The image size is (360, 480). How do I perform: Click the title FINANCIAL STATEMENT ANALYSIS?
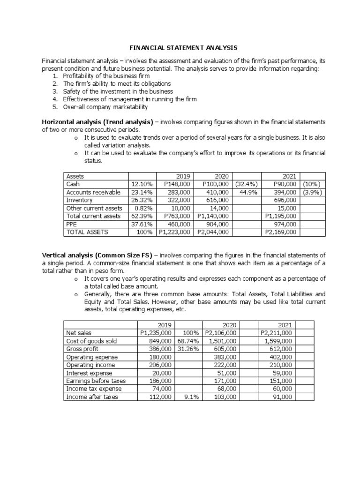(x=183, y=48)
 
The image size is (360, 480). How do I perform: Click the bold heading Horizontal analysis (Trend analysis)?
(x=97, y=122)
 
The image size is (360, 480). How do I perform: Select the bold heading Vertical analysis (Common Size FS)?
(x=97, y=255)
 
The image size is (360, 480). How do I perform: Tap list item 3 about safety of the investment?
(x=118, y=91)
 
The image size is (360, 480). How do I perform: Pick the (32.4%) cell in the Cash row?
(x=244, y=184)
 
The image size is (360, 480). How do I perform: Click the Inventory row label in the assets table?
(x=80, y=200)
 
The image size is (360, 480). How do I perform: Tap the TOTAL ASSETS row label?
(x=87, y=232)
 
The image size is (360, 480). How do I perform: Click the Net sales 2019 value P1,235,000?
(x=157, y=333)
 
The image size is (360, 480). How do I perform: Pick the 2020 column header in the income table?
(x=230, y=325)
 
